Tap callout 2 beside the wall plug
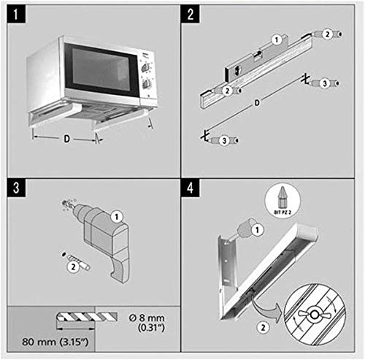[x=72, y=268]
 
